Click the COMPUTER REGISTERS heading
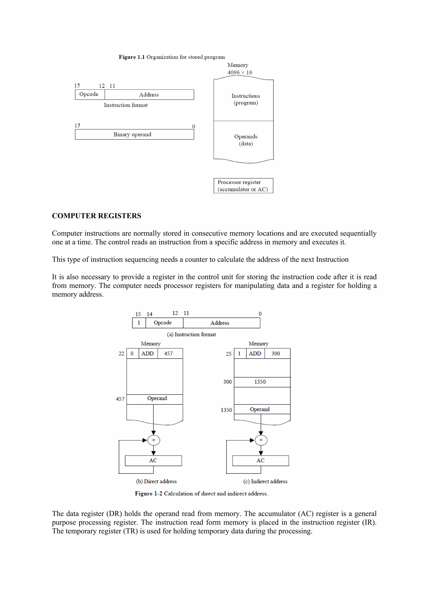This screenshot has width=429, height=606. (x=97, y=216)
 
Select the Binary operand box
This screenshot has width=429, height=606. (x=134, y=134)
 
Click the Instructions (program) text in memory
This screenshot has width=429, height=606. (x=246, y=99)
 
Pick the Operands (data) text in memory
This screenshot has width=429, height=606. (x=246, y=140)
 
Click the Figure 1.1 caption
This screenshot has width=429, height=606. (x=172, y=57)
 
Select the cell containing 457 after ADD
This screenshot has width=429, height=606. (x=168, y=353)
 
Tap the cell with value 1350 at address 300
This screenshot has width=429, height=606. (x=260, y=382)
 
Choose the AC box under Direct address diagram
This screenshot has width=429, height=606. (x=153, y=461)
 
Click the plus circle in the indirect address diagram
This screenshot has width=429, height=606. (x=261, y=440)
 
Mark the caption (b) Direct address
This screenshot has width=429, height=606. (x=156, y=481)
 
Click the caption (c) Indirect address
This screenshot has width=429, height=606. (x=265, y=481)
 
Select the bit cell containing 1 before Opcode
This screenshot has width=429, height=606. (x=139, y=323)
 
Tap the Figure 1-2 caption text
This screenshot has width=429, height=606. (x=201, y=493)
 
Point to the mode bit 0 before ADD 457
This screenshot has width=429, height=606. (x=132, y=353)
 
